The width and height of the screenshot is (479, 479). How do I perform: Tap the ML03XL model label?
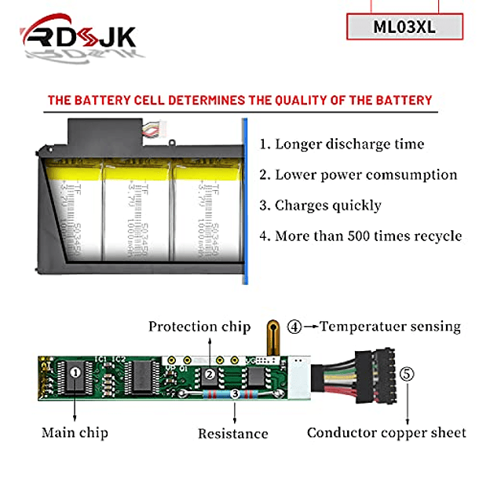[x=404, y=25]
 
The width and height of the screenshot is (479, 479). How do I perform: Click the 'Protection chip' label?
[x=199, y=327]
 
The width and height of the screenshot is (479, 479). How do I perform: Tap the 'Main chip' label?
[x=75, y=432]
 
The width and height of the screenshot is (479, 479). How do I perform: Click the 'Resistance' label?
[x=232, y=433]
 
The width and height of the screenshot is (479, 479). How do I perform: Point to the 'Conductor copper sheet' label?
[x=386, y=433]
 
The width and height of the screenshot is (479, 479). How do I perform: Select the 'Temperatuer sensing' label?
[x=390, y=327]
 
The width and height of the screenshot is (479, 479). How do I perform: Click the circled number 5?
[x=406, y=375]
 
